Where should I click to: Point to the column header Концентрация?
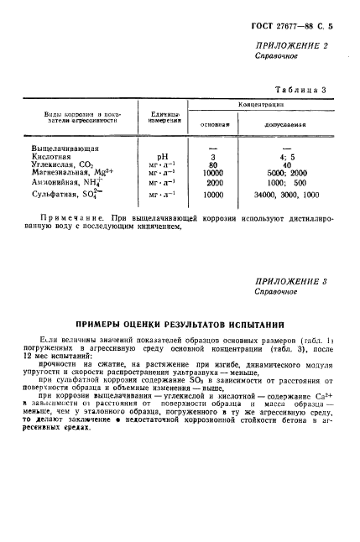(261, 104)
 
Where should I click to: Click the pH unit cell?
(164, 156)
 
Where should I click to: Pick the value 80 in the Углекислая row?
(214, 165)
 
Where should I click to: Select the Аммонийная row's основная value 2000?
(214, 183)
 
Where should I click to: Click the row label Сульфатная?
(65, 194)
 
